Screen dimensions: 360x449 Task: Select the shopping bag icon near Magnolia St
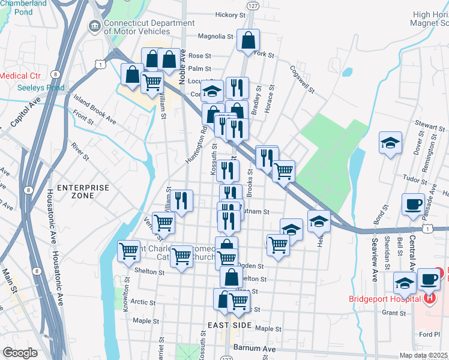pyautogui.click(x=247, y=40)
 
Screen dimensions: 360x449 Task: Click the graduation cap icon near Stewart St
pyautogui.click(x=390, y=143)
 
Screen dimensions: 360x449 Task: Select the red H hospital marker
pyautogui.click(x=430, y=297)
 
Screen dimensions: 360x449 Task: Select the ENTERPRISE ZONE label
pyautogui.click(x=83, y=191)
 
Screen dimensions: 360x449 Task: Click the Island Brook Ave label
pyautogui.click(x=95, y=107)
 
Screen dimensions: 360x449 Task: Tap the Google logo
pyautogui.click(x=20, y=353)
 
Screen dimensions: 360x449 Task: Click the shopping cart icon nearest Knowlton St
pyautogui.click(x=128, y=251)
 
